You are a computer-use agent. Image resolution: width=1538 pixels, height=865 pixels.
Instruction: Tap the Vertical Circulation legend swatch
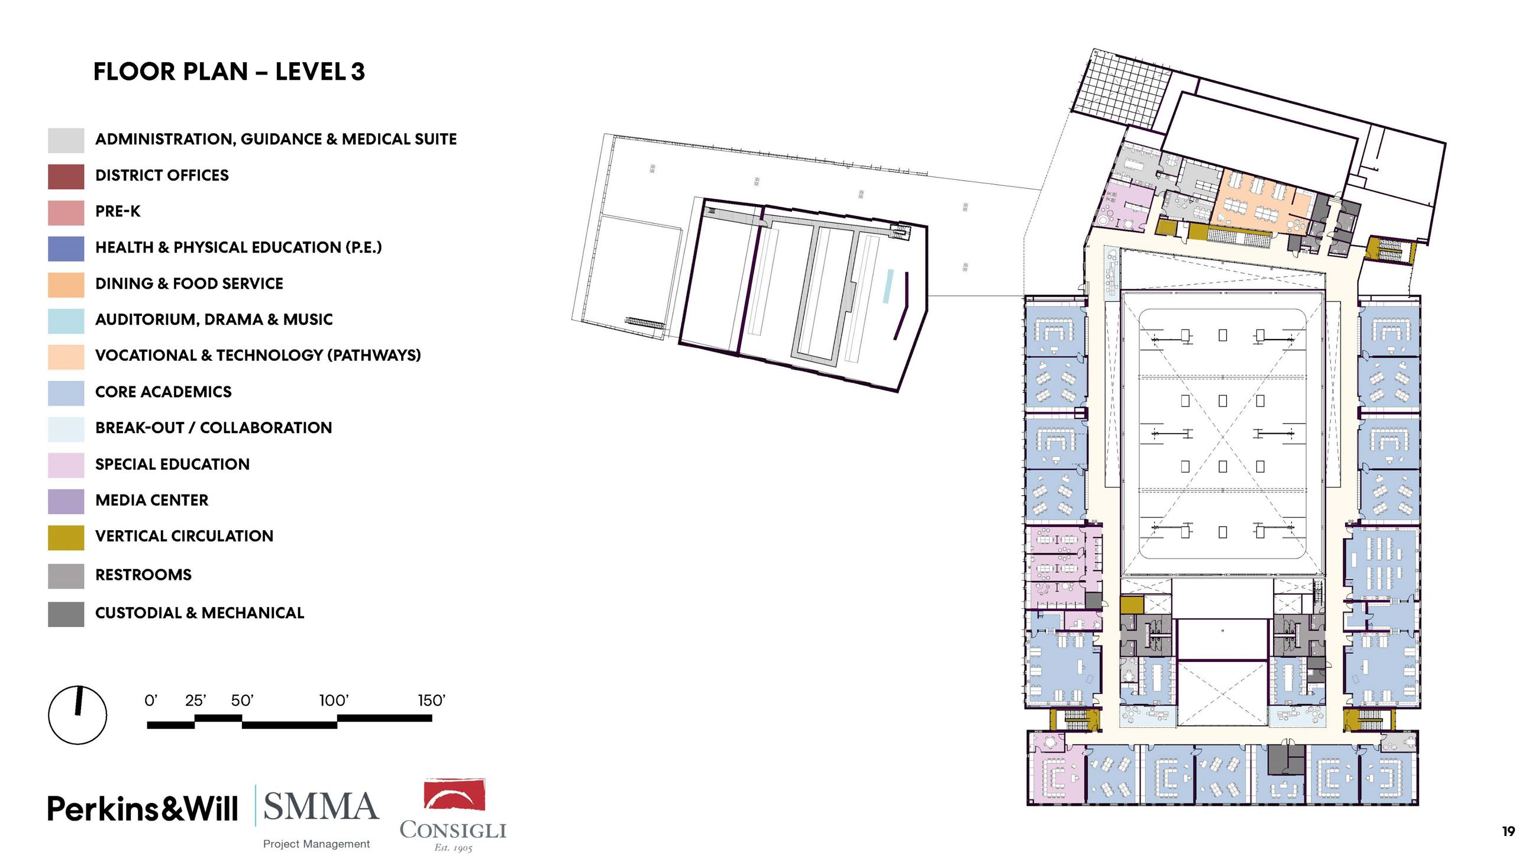click(x=66, y=537)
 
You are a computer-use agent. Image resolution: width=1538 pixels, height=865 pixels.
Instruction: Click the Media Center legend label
click(x=151, y=501)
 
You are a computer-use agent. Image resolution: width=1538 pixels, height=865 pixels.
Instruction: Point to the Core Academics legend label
click(x=163, y=392)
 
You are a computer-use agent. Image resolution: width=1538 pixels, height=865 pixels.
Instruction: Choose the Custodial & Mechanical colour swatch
click(x=66, y=614)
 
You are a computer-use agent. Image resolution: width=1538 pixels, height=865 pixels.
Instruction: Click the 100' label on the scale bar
click(x=334, y=701)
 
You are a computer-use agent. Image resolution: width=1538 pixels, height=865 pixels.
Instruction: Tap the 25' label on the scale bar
click(x=196, y=701)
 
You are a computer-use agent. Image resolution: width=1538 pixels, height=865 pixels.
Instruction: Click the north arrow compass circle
click(x=77, y=715)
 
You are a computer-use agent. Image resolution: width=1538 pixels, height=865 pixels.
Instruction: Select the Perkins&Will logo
click(x=143, y=809)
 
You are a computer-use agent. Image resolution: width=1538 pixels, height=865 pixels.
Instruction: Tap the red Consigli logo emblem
click(x=454, y=794)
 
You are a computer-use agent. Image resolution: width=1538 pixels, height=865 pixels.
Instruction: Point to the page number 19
click(x=1508, y=831)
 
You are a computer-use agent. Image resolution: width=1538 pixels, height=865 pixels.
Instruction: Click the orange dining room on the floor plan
click(x=1265, y=200)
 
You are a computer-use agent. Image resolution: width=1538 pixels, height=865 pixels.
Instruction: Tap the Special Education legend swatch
click(x=66, y=465)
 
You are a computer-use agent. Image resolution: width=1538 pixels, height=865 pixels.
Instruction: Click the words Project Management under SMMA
click(x=316, y=844)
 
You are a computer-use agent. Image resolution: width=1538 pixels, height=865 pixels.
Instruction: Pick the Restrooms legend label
click(x=143, y=575)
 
